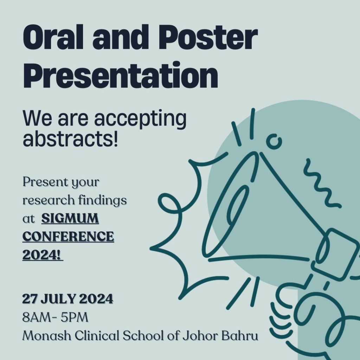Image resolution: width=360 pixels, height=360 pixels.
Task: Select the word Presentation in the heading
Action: pyautogui.click(x=120, y=75)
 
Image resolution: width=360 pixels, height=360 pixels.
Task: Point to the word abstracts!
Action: pyautogui.click(x=70, y=139)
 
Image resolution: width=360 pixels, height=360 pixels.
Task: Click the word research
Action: pyautogui.click(x=49, y=200)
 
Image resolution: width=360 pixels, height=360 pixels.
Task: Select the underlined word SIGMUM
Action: pyautogui.click(x=70, y=218)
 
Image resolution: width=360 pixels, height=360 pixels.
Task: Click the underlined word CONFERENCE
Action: pyautogui.click(x=68, y=236)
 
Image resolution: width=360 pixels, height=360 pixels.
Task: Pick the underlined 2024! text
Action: pyautogui.click(x=43, y=255)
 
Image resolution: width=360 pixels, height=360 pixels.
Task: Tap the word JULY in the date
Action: pyautogui.click(x=59, y=299)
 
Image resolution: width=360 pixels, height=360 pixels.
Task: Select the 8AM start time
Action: pyautogui.click(x=37, y=317)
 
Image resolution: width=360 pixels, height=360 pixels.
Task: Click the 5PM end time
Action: pyautogui.click(x=75, y=317)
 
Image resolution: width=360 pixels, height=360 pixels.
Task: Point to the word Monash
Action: pyautogui.click(x=47, y=336)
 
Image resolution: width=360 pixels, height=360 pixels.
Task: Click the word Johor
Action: pyautogui.click(x=200, y=336)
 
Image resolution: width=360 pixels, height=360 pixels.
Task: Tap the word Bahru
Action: pyautogui.click(x=239, y=336)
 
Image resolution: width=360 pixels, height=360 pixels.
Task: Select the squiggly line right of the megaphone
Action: pyautogui.click(x=321, y=182)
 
